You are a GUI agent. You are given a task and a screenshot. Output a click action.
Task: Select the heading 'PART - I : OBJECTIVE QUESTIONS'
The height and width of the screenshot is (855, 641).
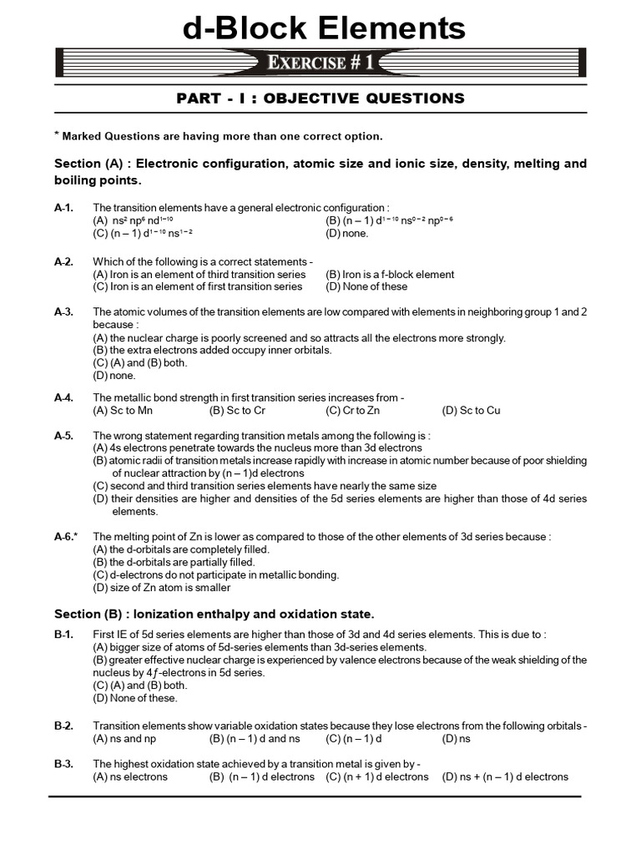[x=320, y=99]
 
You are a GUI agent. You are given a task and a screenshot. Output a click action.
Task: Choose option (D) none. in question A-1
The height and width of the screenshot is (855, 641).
[x=346, y=234]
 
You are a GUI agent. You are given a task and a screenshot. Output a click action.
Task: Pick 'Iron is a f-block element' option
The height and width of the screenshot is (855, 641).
[x=390, y=274]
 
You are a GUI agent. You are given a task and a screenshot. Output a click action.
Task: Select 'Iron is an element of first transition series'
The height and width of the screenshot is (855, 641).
[x=197, y=286]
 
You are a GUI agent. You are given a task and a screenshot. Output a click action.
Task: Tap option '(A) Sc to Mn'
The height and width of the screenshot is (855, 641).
[x=123, y=410]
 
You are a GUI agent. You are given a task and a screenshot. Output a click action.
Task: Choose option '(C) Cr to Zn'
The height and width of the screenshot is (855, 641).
[x=354, y=410]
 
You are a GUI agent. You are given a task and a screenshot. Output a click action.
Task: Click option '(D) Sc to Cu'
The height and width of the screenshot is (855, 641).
[x=471, y=410]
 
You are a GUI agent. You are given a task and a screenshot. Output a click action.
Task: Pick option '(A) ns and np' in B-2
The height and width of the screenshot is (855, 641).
[x=124, y=738]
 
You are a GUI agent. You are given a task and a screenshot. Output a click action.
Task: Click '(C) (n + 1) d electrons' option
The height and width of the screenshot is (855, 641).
[x=376, y=777]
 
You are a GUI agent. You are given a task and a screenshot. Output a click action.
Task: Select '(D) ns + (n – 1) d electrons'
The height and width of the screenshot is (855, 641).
[x=505, y=777]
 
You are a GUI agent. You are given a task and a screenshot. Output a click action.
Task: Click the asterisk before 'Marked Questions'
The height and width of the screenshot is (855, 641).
[x=57, y=134]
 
